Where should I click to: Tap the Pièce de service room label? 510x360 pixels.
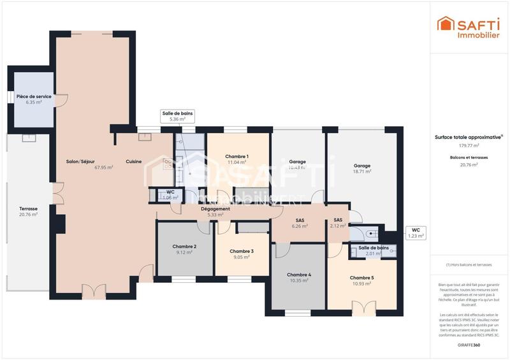point(34,96)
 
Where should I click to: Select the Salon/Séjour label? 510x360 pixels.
point(80,161)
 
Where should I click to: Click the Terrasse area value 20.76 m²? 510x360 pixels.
point(28,215)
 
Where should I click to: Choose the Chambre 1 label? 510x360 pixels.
point(237,156)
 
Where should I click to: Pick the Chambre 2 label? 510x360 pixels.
point(184,246)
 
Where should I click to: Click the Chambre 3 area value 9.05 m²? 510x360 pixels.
point(242,258)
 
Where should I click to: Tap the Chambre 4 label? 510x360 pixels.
point(299,275)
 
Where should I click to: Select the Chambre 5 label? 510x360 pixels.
point(361,278)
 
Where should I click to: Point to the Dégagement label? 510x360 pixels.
point(215,208)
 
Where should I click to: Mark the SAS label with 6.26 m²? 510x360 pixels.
point(300,222)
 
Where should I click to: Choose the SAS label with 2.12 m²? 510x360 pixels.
point(338,222)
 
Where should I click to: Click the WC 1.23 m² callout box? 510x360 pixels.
point(415,233)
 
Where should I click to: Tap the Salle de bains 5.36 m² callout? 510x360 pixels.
point(177,116)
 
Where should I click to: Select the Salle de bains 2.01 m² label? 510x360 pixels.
point(374,250)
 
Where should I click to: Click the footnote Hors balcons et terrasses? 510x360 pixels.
point(468,264)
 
